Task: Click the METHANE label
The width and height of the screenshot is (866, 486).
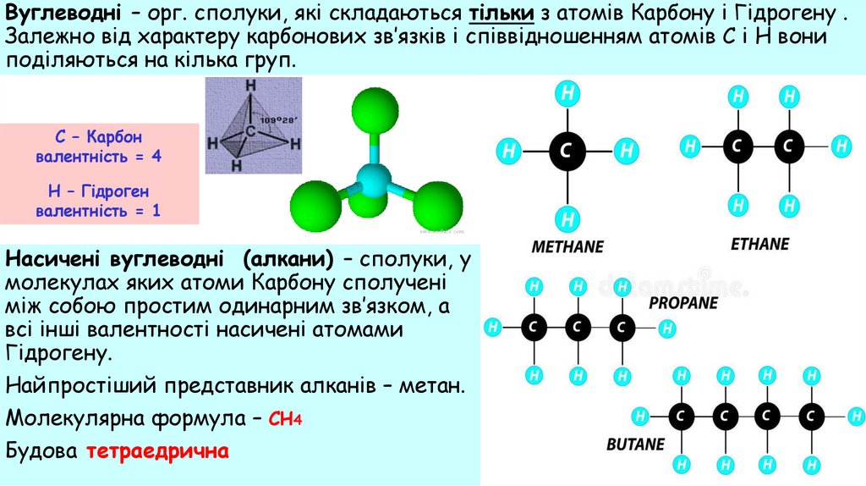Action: click(567, 247)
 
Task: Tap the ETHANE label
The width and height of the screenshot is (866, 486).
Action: click(759, 244)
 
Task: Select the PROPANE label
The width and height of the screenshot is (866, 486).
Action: click(683, 302)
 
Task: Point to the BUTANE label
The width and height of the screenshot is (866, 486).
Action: click(635, 444)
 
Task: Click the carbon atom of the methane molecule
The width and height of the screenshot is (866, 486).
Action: click(567, 152)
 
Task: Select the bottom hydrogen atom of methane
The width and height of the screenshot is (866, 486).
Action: click(567, 219)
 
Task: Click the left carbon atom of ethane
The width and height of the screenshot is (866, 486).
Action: click(738, 146)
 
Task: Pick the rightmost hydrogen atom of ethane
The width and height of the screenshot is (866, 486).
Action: click(840, 146)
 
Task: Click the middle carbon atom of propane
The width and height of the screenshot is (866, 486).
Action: click(578, 326)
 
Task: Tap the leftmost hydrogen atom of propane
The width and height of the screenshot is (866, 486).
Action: click(494, 326)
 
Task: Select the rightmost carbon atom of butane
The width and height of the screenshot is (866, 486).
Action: click(813, 416)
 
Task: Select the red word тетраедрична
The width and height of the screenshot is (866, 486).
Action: click(157, 450)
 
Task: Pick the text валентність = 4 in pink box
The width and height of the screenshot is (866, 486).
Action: click(98, 157)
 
